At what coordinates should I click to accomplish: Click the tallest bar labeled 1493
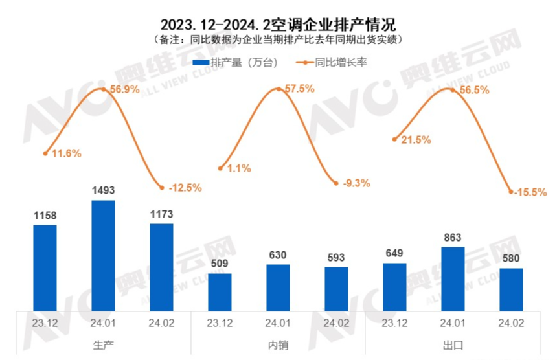point(103,255)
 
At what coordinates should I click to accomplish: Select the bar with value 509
point(220,292)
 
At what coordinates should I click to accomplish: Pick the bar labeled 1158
point(45,267)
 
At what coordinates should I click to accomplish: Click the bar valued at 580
point(511,289)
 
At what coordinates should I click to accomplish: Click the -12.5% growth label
point(185,188)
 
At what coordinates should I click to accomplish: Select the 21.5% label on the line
point(415,140)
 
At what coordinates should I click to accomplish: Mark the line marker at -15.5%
point(511,192)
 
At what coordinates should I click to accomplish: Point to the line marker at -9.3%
point(336,183)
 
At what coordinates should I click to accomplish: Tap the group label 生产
point(103,345)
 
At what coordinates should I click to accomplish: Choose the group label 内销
point(278,345)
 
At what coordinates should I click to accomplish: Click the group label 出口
point(453,345)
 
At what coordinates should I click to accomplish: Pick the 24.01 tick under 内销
point(278,322)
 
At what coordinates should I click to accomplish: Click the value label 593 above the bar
point(336,257)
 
